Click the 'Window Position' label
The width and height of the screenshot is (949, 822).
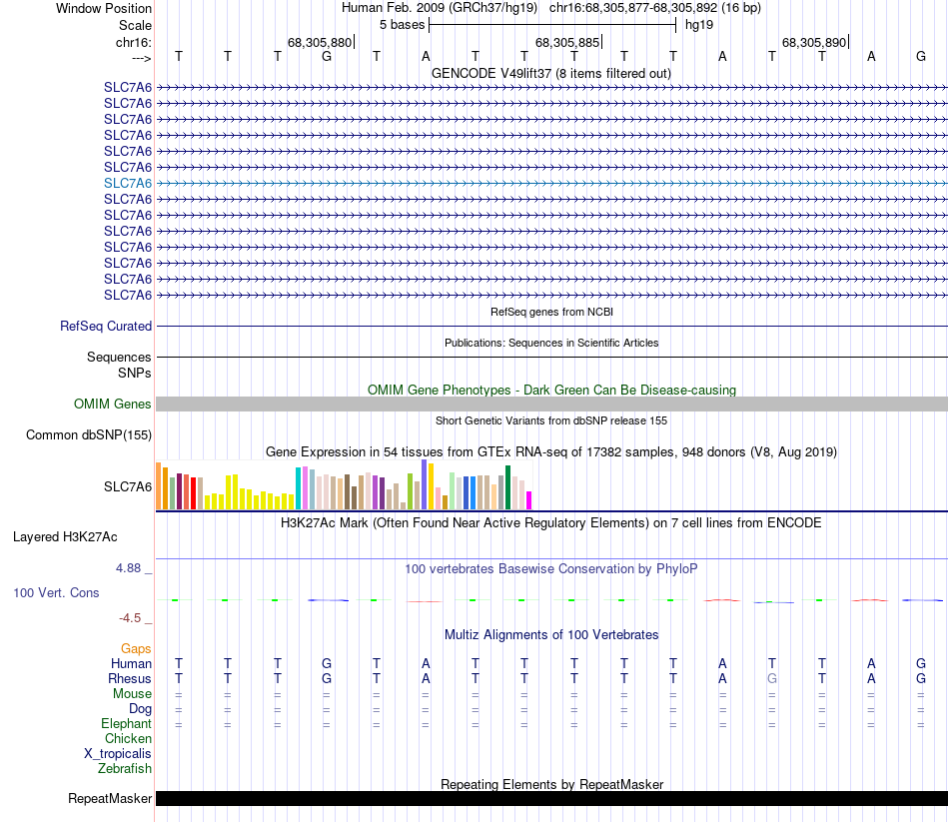104,8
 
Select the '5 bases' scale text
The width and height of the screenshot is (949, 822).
402,24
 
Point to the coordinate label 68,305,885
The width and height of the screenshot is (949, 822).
567,42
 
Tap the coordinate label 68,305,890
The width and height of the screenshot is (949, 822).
814,42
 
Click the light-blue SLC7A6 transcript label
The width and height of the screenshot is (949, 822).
128,183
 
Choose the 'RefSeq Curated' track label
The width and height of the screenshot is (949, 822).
106,326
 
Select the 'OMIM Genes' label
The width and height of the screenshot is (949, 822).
113,404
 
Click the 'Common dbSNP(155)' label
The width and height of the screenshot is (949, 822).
89,434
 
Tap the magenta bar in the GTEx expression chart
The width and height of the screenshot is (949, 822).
529,499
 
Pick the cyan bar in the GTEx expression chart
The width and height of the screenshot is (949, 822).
299,487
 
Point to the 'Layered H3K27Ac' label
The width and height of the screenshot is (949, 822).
65,536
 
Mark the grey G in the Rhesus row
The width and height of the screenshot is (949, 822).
771,678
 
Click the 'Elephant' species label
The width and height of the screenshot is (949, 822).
126,723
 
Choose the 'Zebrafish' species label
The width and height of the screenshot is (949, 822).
125,768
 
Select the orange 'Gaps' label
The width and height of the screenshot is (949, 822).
136,648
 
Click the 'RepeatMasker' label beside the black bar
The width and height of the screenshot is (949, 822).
110,798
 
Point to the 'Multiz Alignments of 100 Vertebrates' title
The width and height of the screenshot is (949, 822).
551,634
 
